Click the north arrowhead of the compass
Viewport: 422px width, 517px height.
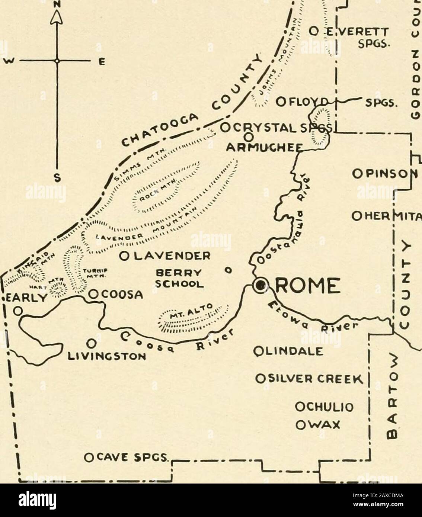click(57, 16)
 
